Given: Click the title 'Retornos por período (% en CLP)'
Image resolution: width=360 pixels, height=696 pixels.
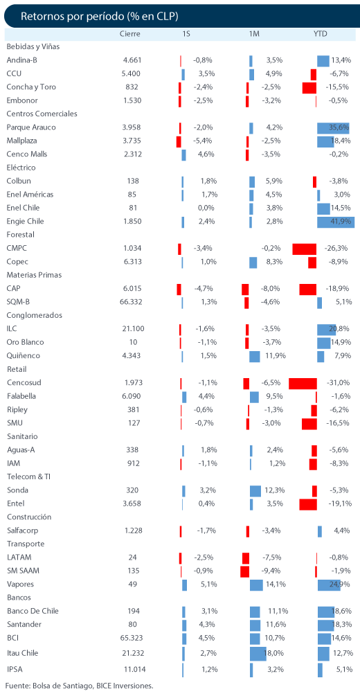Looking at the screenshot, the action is tap(100, 16).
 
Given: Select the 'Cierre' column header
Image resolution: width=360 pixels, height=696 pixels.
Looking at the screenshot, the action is tap(130, 34).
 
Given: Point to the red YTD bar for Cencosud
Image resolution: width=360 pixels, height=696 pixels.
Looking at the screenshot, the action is tap(303, 382).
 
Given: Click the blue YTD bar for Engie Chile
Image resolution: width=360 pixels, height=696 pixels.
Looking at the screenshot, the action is tap(336, 222).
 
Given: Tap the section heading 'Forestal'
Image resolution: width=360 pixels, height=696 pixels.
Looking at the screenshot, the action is tap(21, 234).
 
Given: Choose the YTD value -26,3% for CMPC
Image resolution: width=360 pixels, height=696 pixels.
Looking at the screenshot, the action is tap(336, 248).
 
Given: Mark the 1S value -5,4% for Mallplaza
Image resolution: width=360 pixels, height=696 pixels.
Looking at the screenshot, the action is tap(204, 141).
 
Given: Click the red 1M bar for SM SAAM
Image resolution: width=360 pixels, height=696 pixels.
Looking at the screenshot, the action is tap(244, 571).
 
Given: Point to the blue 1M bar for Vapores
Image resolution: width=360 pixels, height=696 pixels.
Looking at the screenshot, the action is tap(257, 584).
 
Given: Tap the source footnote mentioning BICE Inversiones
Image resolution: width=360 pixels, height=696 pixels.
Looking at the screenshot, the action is tap(80, 686).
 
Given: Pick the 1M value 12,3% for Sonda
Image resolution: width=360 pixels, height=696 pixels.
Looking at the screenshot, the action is tap(274, 490).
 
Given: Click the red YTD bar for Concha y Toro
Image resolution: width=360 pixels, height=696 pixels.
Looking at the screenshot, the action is tap(309, 87).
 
